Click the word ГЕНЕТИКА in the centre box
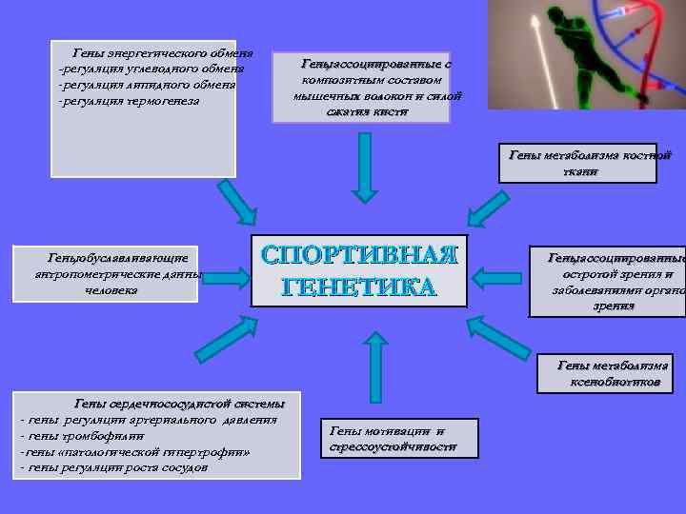point(360,286)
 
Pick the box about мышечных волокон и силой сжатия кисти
point(362,88)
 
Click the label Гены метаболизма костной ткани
point(591,163)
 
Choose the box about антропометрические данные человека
point(117,273)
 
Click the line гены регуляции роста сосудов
point(119,467)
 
